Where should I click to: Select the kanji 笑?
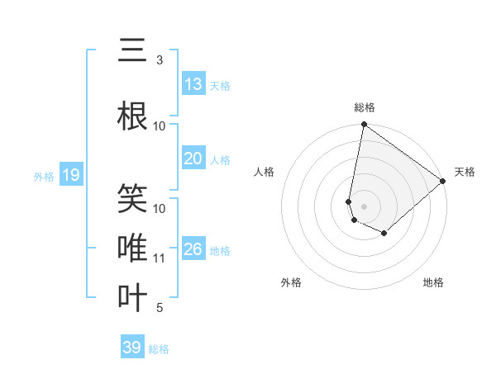point(132,198)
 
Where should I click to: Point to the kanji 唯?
point(132,248)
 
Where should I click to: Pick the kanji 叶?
point(132,297)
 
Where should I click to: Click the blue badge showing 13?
point(193,84)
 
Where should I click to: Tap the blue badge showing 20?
point(193,159)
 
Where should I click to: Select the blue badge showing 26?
point(193,250)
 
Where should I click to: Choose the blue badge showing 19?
point(70,175)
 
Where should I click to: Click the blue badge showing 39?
point(132,348)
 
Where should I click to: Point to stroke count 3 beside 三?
point(160,60)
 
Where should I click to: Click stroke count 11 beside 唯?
point(160,258)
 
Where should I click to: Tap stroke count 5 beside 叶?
point(160,308)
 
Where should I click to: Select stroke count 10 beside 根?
point(160,126)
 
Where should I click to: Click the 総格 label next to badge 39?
point(159,349)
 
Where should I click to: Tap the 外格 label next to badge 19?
point(44,176)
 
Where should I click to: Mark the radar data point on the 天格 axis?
point(443,182)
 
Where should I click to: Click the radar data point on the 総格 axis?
point(364,125)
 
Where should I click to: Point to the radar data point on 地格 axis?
point(384,234)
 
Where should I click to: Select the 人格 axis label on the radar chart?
point(265,172)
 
